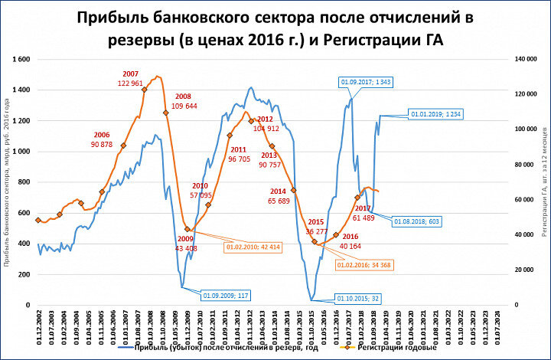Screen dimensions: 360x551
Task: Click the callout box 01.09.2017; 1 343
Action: click(x=365, y=81)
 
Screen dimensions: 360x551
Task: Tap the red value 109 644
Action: click(x=184, y=106)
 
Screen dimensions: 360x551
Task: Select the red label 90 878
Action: click(x=102, y=144)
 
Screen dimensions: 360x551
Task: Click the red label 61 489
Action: click(x=363, y=218)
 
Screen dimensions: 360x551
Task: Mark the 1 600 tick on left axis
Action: click(x=21, y=59)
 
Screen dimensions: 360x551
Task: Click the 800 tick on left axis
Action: click(x=24, y=182)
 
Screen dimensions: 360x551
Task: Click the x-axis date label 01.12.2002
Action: click(x=37, y=325)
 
